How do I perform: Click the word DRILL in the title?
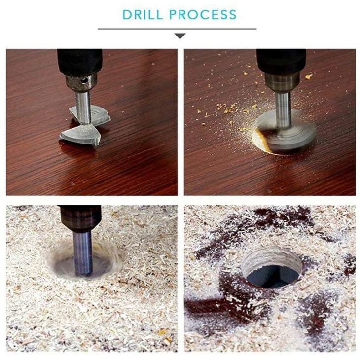[x=143, y=14]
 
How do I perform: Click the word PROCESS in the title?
[x=203, y=14]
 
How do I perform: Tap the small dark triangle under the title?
[x=180, y=36]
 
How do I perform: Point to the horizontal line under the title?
[x=177, y=29]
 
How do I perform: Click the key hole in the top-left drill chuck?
[x=84, y=80]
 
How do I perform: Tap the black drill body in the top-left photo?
[x=80, y=61]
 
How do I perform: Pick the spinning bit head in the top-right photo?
[x=286, y=133]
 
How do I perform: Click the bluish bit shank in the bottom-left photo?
[x=83, y=253]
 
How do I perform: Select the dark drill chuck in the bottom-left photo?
[x=81, y=218]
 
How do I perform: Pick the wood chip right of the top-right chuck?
[x=309, y=76]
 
